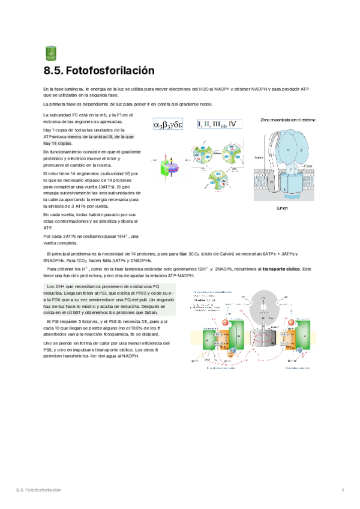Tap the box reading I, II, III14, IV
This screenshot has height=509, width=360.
click(x=221, y=124)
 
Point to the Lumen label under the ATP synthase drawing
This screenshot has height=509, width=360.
click(x=282, y=207)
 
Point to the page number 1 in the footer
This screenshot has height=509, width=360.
click(x=342, y=491)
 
